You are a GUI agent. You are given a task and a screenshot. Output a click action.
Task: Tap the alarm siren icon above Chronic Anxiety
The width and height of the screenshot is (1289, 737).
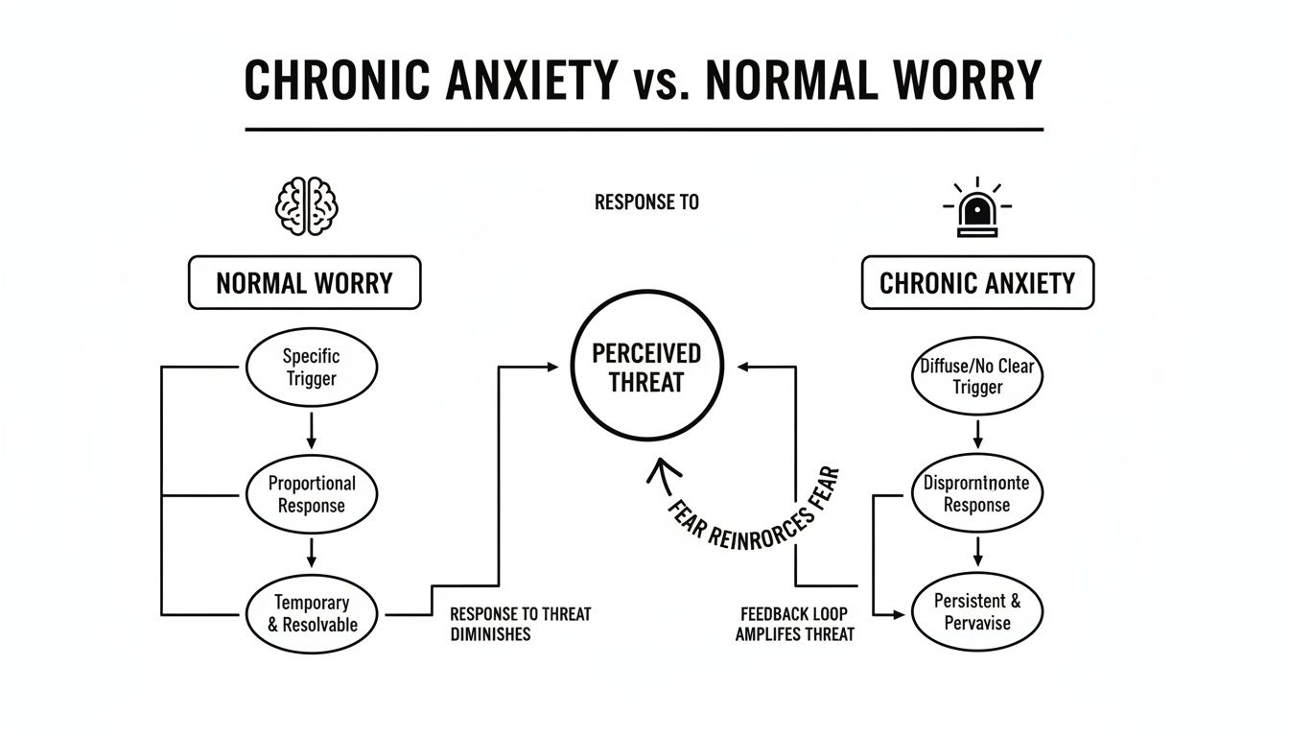coord(977,208)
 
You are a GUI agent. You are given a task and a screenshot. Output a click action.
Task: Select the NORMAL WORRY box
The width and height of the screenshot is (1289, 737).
coord(304,283)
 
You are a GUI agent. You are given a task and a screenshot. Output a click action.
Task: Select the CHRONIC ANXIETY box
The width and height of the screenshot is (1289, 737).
coord(977,283)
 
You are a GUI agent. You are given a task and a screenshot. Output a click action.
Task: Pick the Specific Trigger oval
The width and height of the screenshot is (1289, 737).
coord(312,368)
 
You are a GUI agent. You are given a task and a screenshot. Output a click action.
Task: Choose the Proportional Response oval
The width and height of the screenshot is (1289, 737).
coord(312,494)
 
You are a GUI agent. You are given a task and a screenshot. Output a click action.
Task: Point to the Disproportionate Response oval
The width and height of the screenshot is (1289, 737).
coord(977,493)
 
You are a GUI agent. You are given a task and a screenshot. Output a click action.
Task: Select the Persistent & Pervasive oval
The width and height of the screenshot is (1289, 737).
coord(977,611)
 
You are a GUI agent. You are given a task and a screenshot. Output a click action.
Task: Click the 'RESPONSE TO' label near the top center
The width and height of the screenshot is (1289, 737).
coord(646,202)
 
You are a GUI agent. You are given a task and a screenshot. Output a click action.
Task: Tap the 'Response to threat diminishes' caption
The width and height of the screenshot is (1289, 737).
coord(520,624)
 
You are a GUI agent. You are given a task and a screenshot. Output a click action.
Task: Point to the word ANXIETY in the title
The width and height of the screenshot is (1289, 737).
coord(530,81)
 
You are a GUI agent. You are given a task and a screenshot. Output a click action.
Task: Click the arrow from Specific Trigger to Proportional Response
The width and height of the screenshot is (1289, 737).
coord(312,430)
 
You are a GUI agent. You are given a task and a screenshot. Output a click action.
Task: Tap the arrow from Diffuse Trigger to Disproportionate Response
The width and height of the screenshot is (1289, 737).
coord(977,435)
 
